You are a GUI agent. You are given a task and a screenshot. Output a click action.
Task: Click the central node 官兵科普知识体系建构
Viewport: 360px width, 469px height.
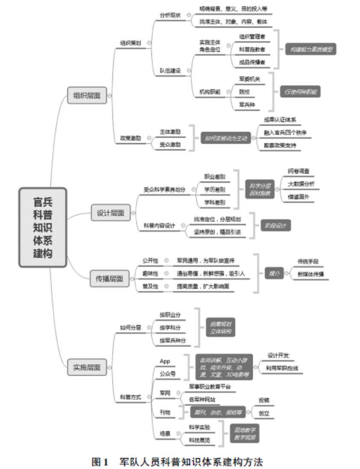pos(43,227)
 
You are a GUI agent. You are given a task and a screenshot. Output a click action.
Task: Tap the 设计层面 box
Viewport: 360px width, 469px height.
pos(111,213)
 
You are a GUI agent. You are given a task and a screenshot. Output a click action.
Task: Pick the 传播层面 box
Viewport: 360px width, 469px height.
pos(109,279)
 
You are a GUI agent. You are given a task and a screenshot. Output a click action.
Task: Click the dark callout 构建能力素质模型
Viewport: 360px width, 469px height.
pos(310,49)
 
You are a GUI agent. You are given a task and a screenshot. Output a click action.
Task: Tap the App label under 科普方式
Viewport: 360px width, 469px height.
pos(165,361)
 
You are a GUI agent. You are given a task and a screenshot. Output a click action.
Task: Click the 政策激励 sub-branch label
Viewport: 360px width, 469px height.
pos(130,138)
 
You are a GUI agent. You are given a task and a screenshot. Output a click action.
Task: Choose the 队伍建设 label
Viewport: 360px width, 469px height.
pos(170,70)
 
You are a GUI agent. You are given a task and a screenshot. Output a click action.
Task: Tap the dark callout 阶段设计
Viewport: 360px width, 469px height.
pos(276,225)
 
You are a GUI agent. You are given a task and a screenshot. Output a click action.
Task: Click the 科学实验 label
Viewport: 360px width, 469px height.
pos(199,427)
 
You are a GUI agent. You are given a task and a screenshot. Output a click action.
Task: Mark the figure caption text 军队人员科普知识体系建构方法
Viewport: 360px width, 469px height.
pos(190,461)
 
